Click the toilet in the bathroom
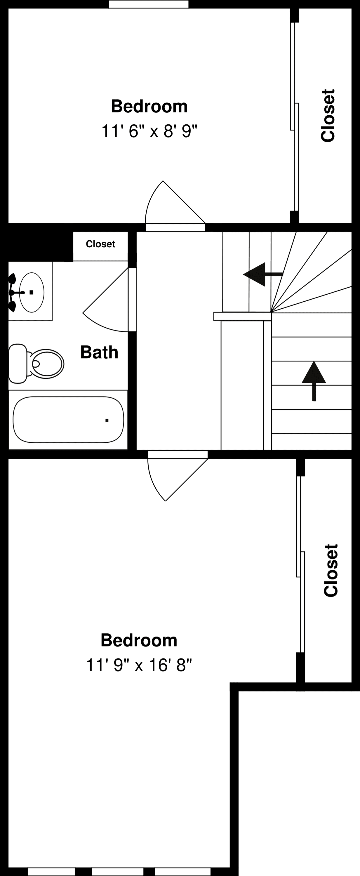tap(46, 364)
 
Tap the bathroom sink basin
tap(32, 292)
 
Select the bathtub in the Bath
tap(68, 420)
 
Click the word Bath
tap(99, 352)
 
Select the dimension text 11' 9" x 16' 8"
tap(139, 665)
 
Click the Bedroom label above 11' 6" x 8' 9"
tap(149, 107)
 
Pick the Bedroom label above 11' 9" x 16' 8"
tap(139, 640)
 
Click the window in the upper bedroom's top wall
tap(149, 4)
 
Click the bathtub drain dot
tap(107, 421)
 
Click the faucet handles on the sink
tap(13, 293)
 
